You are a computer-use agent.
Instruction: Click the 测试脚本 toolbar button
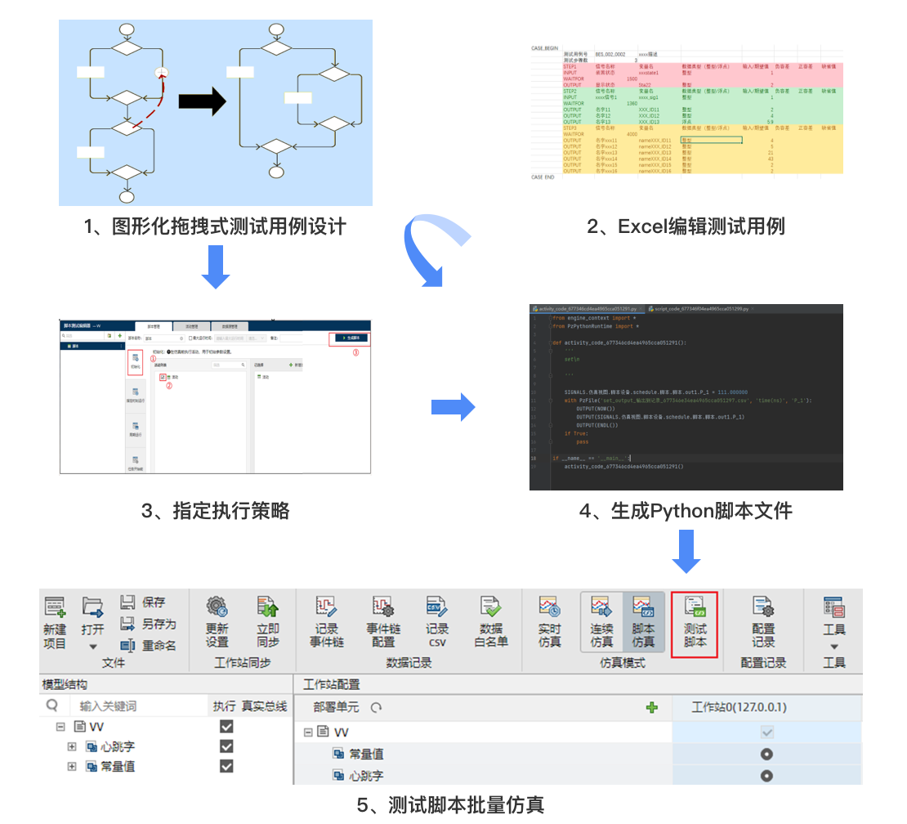point(695,625)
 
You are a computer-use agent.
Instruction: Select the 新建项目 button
point(55,623)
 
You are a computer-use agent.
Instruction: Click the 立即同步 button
point(267,623)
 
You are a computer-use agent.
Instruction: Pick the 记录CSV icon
point(436,623)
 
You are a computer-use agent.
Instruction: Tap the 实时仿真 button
point(549,623)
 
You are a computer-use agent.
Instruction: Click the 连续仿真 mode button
point(602,623)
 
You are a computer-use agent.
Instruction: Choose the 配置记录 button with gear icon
point(763,623)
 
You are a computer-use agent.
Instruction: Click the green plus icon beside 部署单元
point(651,708)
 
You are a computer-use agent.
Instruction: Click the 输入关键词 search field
point(131,706)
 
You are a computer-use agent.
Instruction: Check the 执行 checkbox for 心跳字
point(226,746)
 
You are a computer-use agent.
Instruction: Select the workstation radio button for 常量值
point(766,755)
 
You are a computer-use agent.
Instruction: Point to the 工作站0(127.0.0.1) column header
point(739,707)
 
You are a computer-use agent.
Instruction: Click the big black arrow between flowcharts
point(202,101)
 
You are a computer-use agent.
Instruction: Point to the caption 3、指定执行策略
point(216,512)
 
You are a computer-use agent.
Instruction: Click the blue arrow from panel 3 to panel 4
point(453,406)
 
